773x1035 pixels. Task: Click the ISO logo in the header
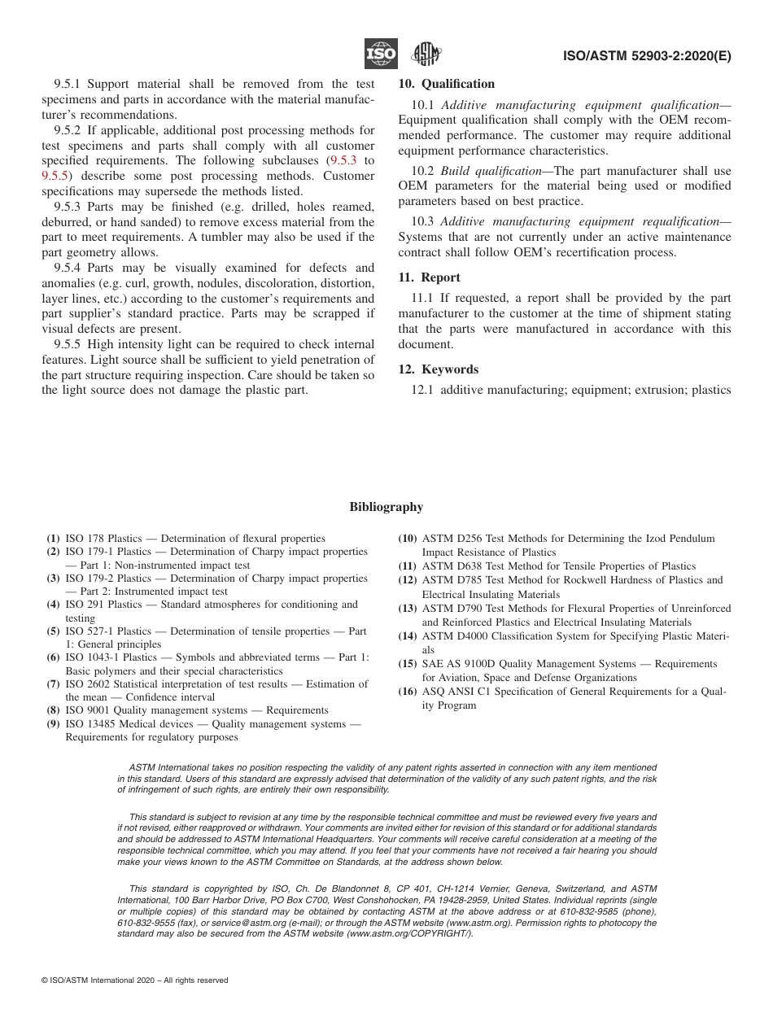(x=381, y=55)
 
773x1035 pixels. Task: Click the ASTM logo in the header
(x=426, y=55)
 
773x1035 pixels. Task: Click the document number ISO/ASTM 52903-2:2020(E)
(x=647, y=56)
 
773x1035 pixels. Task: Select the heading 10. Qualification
(x=446, y=84)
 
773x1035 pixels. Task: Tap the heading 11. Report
(x=429, y=277)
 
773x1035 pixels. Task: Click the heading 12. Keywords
(x=438, y=369)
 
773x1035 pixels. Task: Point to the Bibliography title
(x=386, y=507)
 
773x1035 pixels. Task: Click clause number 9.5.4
(x=69, y=268)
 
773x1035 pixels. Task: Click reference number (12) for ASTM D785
(x=407, y=580)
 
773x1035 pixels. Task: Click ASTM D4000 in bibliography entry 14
(x=452, y=636)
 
